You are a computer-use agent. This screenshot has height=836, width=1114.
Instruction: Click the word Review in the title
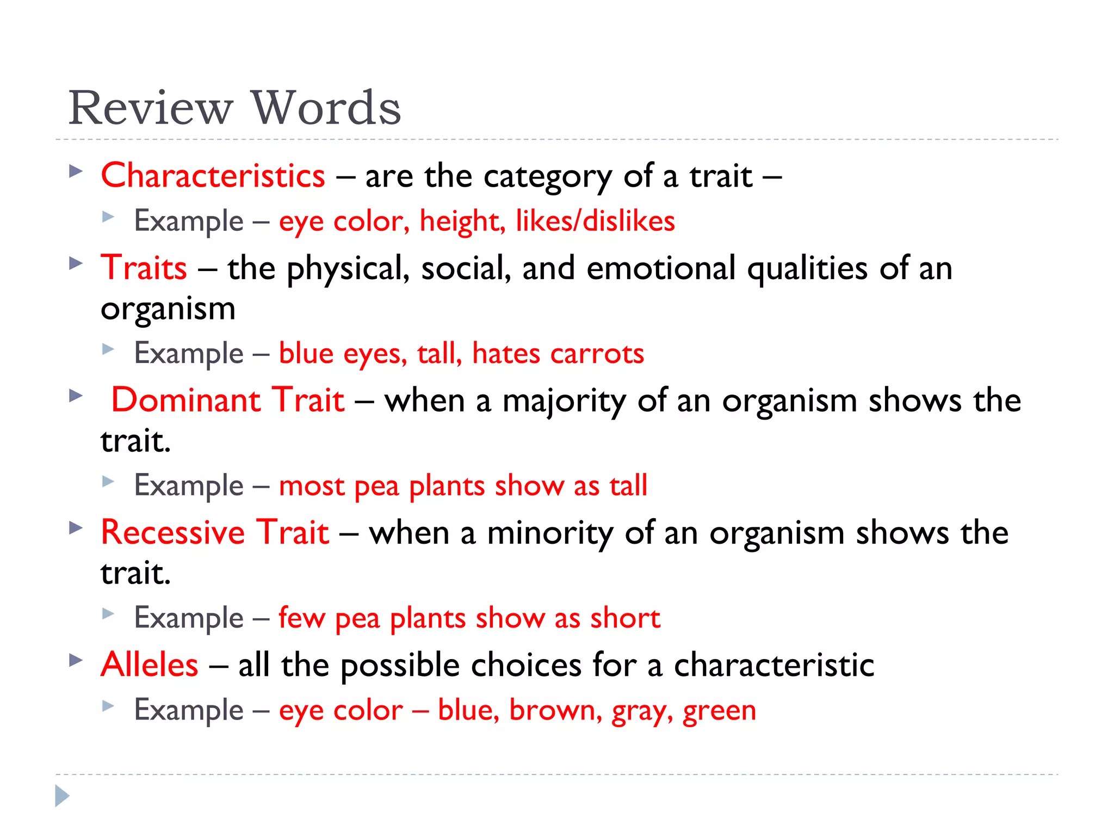[151, 108]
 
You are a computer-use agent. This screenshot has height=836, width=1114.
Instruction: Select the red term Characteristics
[213, 176]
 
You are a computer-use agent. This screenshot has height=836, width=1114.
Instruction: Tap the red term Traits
[144, 268]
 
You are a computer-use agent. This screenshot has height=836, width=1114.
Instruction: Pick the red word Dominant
[185, 400]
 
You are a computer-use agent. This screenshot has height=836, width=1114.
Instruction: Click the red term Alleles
[150, 665]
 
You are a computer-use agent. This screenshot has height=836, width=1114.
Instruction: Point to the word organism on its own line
[168, 309]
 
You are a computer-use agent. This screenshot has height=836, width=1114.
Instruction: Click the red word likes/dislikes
[595, 221]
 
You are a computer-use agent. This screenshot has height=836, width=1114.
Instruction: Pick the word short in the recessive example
[625, 618]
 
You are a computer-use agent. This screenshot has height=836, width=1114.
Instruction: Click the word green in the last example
[719, 711]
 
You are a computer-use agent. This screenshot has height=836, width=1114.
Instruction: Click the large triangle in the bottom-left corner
[62, 796]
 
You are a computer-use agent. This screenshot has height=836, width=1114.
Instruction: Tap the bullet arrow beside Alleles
[76, 660]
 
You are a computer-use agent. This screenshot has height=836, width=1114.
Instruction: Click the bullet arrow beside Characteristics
[76, 172]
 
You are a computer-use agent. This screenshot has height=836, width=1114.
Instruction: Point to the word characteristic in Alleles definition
[773, 665]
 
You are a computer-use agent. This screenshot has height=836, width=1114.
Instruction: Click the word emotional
[660, 268]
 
